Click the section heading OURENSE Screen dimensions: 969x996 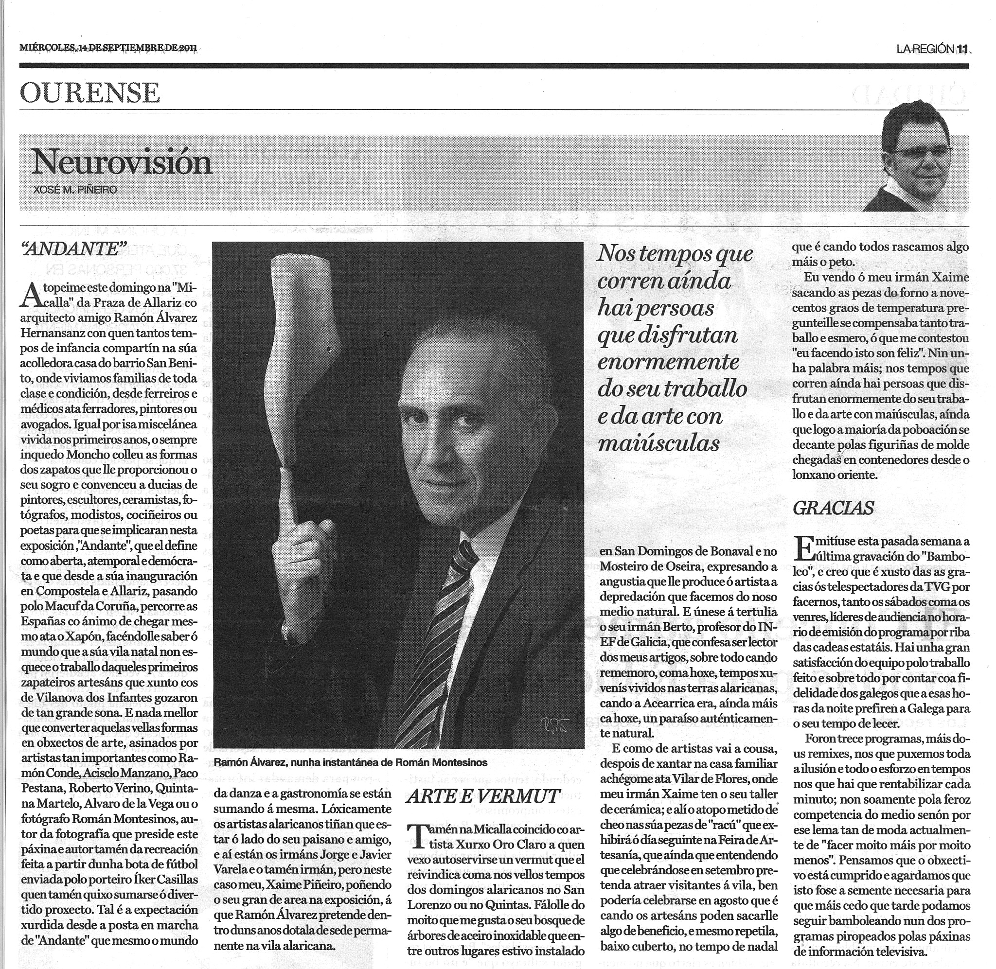point(90,93)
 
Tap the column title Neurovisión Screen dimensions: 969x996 point(121,163)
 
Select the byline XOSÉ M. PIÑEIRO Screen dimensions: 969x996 point(75,190)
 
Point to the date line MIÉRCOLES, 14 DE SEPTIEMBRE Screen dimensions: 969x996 point(108,48)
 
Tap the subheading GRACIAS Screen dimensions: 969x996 point(833,508)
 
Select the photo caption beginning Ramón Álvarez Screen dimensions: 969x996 point(350,762)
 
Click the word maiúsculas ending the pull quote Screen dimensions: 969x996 point(659,443)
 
